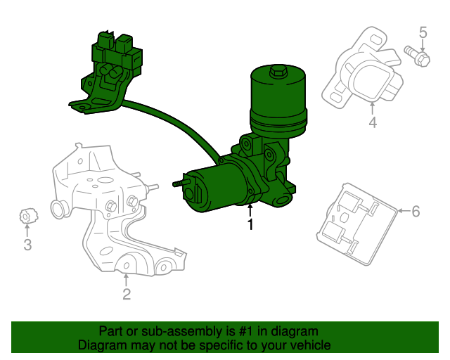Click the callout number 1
point(250,225)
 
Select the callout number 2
point(127,295)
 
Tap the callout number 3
point(27,245)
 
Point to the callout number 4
point(373,123)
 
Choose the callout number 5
point(423,32)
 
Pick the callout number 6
point(416,211)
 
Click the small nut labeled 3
point(25,216)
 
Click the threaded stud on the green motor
point(179,184)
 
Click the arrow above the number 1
point(250,210)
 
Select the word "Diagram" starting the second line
point(101,345)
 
